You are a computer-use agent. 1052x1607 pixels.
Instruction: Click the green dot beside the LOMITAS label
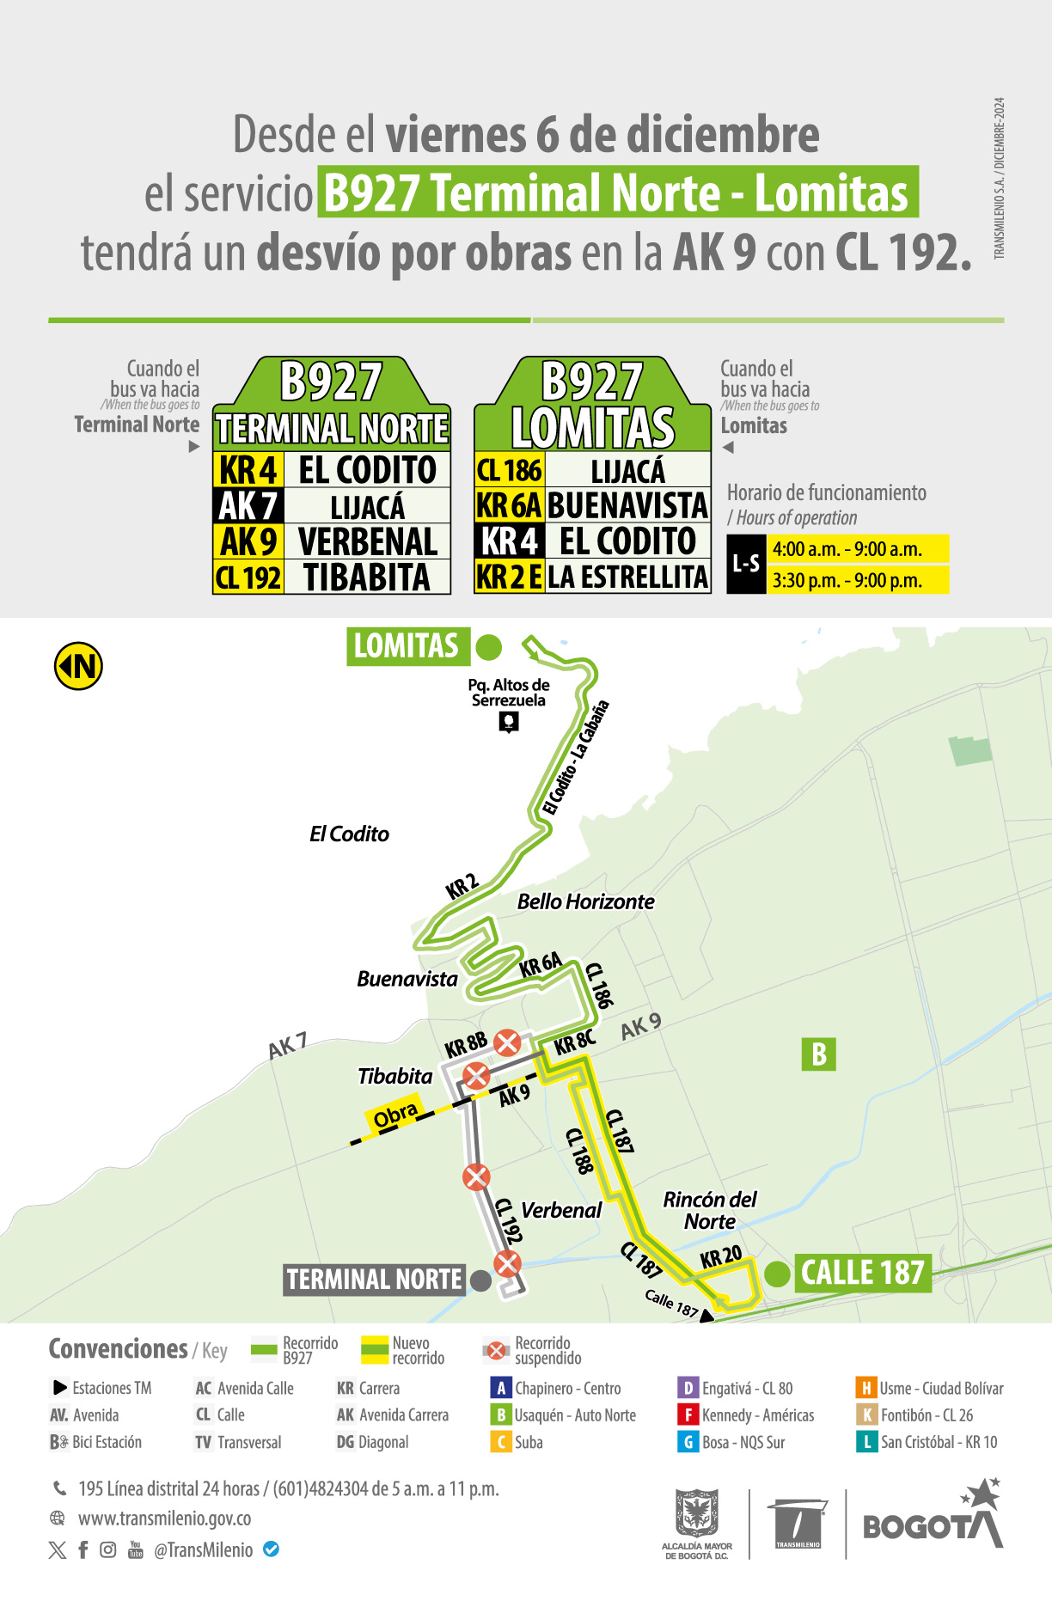click(x=488, y=647)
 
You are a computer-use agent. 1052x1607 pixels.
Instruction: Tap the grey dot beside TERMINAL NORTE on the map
click(x=481, y=1280)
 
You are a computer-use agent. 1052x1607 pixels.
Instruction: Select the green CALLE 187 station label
click(x=862, y=1273)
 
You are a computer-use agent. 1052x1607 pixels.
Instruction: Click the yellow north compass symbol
click(x=78, y=666)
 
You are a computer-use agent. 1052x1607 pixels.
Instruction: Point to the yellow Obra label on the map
click(x=395, y=1115)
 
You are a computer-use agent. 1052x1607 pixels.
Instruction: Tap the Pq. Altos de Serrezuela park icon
click(x=509, y=722)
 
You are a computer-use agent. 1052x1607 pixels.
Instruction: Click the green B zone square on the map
click(x=818, y=1054)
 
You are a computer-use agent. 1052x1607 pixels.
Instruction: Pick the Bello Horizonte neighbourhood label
click(x=585, y=901)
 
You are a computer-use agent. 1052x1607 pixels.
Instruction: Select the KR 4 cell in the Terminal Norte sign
click(x=248, y=470)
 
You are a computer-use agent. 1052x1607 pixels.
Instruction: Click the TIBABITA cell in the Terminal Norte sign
click(x=367, y=577)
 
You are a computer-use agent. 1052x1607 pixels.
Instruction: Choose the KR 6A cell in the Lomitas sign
click(x=509, y=506)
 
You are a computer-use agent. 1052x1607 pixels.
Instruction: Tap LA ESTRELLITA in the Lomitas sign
click(x=627, y=577)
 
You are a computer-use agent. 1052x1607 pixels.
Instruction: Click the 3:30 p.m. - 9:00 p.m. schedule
click(x=847, y=580)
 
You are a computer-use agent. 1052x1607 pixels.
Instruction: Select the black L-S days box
click(x=745, y=564)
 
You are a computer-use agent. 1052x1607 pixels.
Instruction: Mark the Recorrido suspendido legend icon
click(x=496, y=1350)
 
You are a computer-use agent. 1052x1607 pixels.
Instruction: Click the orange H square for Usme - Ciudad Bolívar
click(x=865, y=1388)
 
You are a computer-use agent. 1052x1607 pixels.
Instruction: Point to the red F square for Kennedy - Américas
click(x=688, y=1415)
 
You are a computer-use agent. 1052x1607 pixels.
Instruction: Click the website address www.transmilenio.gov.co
click(x=164, y=1518)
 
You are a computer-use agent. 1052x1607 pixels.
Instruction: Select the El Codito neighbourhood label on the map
click(x=349, y=834)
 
